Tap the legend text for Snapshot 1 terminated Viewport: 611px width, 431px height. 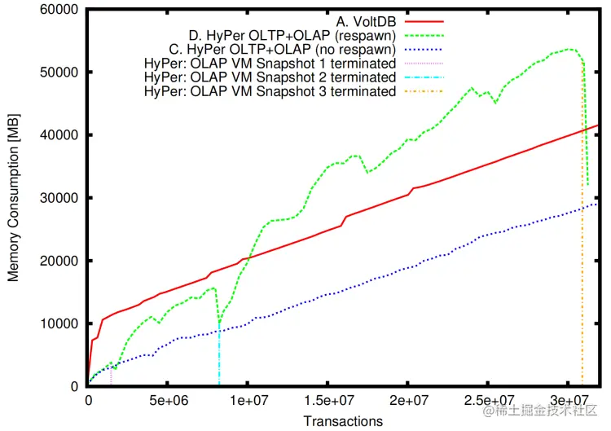[x=270, y=64]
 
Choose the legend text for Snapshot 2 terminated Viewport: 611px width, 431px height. [x=270, y=77]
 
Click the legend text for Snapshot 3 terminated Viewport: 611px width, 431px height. [x=270, y=92]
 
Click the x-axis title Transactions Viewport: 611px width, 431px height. [x=343, y=420]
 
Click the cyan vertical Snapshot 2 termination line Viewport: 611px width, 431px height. [x=220, y=358]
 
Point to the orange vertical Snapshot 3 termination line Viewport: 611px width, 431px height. [x=582, y=285]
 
